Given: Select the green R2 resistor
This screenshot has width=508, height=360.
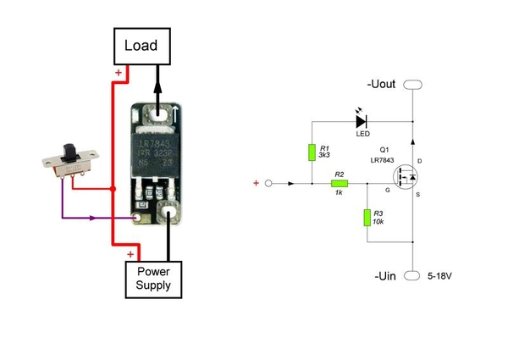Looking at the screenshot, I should (x=340, y=183).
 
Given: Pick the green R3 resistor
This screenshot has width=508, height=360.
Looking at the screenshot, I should (x=367, y=217).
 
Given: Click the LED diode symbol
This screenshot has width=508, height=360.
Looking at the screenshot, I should (x=363, y=120).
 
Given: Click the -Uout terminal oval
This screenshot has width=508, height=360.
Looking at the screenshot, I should (x=412, y=85).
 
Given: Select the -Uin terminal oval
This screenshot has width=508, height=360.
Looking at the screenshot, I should (x=412, y=276).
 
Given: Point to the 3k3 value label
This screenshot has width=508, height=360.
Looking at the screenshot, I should (x=324, y=156).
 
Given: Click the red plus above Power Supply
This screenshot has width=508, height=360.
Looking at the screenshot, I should (x=130, y=253).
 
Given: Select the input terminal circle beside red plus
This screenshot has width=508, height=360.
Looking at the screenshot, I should (x=269, y=183).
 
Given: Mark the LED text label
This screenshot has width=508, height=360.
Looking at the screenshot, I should (x=362, y=135).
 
